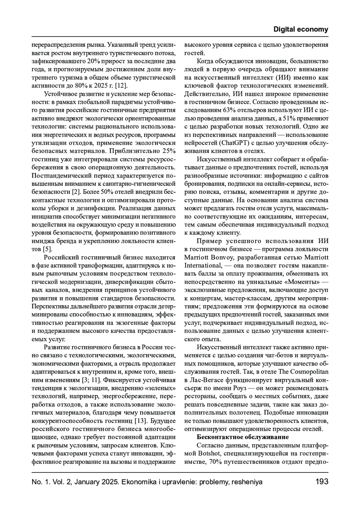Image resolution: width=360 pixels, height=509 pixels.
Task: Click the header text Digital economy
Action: (x=301, y=29)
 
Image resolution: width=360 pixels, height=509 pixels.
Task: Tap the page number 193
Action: (x=322, y=482)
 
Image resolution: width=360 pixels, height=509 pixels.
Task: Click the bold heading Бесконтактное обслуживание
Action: (x=243, y=437)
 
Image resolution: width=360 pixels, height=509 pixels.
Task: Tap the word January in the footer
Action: (x=87, y=482)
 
